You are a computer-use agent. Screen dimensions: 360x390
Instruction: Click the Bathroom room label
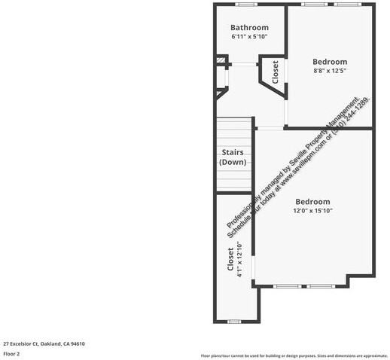[x=249, y=28]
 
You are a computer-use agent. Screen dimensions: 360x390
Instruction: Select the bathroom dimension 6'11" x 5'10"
[x=249, y=36]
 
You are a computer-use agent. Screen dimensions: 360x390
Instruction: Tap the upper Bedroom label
[x=330, y=62]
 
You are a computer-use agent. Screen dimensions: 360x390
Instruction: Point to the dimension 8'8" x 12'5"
[x=330, y=70]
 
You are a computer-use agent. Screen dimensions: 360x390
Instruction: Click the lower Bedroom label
[x=312, y=202]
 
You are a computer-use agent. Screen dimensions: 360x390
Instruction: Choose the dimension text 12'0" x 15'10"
[x=312, y=211]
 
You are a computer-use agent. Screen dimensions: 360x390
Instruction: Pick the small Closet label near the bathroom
[x=275, y=72]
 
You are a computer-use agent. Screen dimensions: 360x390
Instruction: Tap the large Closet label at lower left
[x=231, y=260]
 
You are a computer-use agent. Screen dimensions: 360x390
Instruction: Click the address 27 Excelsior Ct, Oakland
[x=43, y=343]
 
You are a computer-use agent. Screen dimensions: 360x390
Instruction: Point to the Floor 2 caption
[x=11, y=353]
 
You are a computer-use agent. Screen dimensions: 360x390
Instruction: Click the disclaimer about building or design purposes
[x=294, y=355]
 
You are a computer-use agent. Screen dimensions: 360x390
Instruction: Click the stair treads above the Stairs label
[x=233, y=132]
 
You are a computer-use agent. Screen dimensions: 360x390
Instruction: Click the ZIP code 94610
[x=78, y=343]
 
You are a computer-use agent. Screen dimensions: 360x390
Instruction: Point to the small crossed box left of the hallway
[x=221, y=60]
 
